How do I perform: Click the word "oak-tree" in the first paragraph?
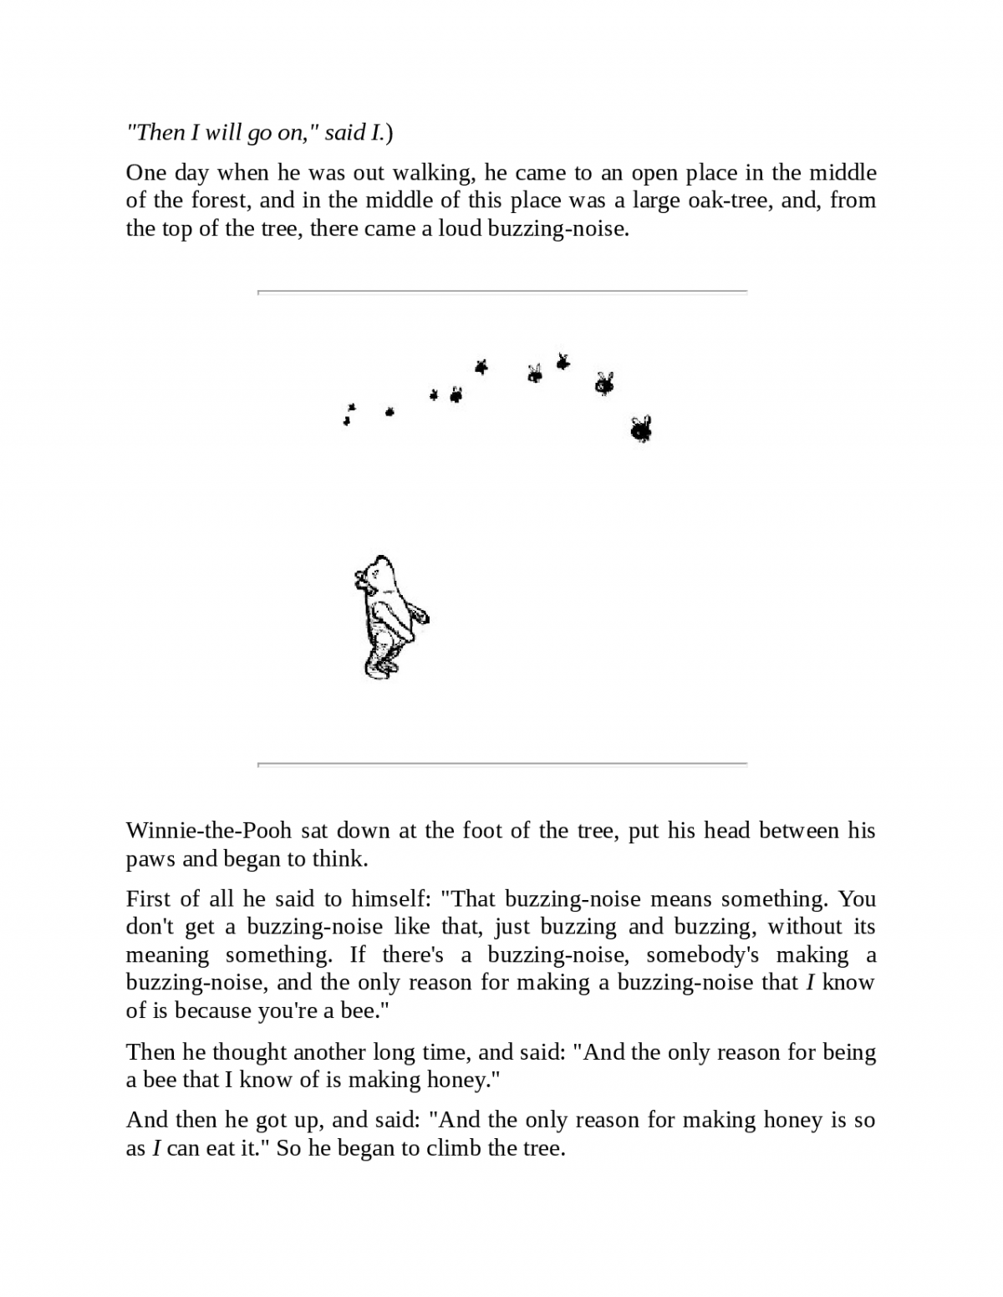730,201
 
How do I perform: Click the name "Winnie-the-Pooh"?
208,831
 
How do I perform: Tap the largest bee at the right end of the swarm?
641,430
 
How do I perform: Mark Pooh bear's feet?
380,666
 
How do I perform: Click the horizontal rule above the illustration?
501,292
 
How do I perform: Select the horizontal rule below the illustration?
501,764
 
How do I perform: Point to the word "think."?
339,859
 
